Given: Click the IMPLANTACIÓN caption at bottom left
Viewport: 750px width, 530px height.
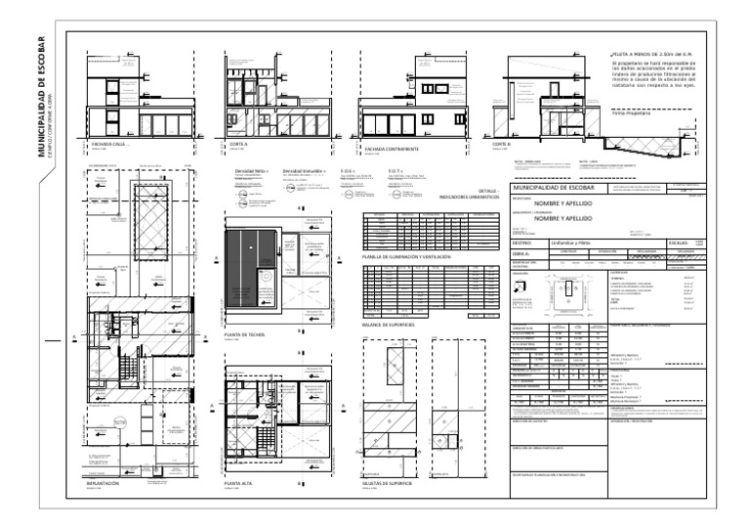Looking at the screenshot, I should (105, 483).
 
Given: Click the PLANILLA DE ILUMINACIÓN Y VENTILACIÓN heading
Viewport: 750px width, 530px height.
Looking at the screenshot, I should (406, 256).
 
